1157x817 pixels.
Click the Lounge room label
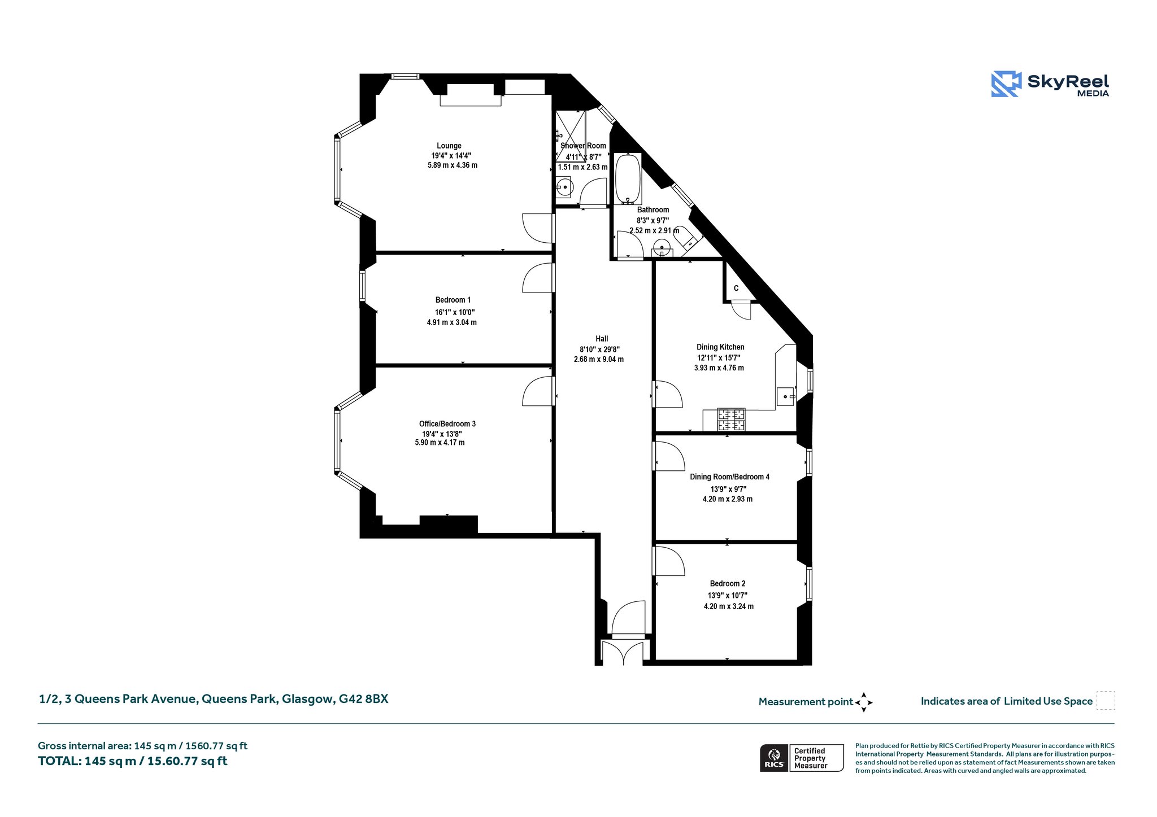coord(449,146)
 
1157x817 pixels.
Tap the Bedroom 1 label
coord(453,300)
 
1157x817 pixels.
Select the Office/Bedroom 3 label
coord(447,424)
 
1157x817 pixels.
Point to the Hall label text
coord(602,339)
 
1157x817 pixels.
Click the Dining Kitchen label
coord(720,347)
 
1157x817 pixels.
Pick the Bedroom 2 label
coord(728,584)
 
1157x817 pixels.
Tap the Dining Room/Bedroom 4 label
coord(729,477)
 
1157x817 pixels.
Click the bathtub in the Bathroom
coord(628,178)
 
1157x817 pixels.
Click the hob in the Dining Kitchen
coord(731,420)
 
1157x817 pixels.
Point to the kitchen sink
coord(786,397)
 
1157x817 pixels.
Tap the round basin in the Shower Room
coord(564,187)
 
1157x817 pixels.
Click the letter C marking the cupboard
coord(736,289)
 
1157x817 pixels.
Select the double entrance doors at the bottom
coord(622,652)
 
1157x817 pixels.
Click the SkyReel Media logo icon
coord(1006,84)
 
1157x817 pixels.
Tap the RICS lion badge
coord(774,758)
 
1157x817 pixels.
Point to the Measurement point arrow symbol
coord(863,702)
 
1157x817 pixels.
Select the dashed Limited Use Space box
coord(1106,701)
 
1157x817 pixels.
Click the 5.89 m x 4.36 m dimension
coord(453,165)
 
